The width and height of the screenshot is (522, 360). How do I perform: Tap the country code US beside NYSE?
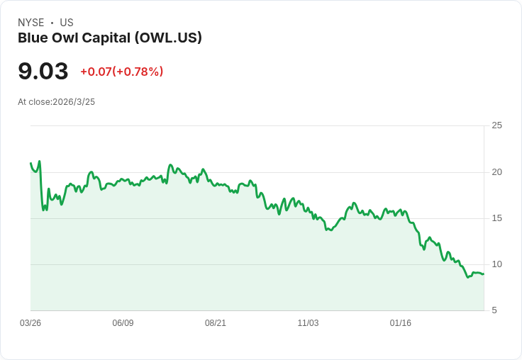[67, 23]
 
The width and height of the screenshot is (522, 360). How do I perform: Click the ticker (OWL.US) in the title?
[168, 38]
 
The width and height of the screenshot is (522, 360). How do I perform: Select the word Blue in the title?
[32, 38]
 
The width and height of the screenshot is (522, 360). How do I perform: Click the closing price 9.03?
[43, 71]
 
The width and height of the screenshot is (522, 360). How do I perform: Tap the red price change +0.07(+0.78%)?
[121, 72]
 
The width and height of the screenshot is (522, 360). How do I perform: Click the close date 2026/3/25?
[74, 102]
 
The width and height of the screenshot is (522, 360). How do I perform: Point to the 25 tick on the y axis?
[497, 125]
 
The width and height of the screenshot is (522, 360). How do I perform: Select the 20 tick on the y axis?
[497, 171]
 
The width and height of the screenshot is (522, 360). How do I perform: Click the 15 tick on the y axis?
[497, 218]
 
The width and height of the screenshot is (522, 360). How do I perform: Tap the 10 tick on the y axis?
[497, 264]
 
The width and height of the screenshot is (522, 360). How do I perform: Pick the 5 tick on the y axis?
[494, 310]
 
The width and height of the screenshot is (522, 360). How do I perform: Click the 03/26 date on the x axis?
[30, 323]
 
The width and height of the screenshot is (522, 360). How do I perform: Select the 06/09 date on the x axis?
[123, 323]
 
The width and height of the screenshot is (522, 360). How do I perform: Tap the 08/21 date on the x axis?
[216, 323]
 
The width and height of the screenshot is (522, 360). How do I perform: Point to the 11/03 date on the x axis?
[308, 323]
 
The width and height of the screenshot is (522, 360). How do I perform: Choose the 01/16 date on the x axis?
[401, 323]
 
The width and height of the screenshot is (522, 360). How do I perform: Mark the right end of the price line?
[484, 274]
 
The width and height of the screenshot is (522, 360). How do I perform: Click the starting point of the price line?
[30, 163]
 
